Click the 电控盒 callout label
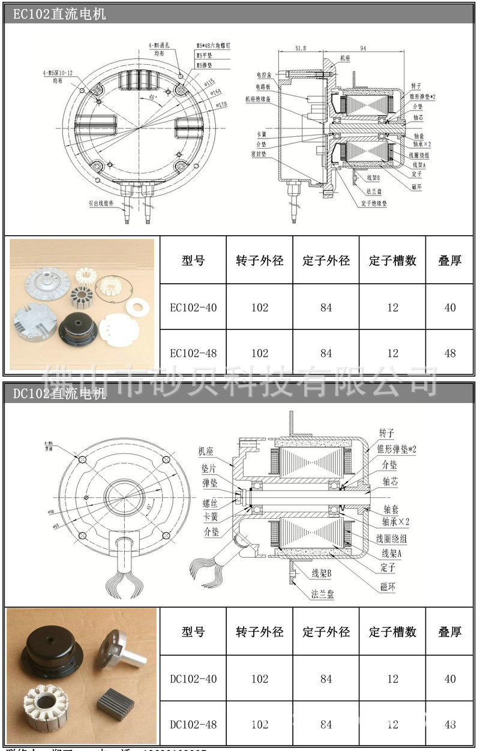point(264,75)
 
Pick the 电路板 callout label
point(264,87)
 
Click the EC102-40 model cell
point(193,308)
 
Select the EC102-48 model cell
point(193,353)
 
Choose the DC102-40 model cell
point(193,679)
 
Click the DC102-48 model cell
point(193,725)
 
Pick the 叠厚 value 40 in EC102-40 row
point(450,308)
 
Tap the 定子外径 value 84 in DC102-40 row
point(326,679)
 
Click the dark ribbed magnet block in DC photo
point(115,702)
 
